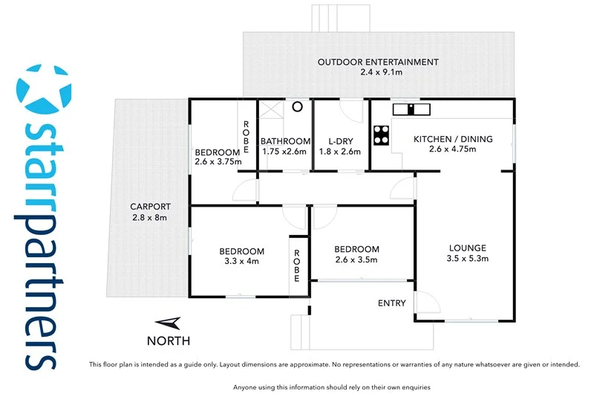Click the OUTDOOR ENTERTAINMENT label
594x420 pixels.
tap(378, 62)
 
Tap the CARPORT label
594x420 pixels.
tap(151, 207)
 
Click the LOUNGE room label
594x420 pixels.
tap(467, 248)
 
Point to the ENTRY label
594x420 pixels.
tap(392, 303)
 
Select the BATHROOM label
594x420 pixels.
tap(285, 141)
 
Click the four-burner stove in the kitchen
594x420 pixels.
tap(382, 135)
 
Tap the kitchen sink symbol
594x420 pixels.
tap(411, 109)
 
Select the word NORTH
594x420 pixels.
tap(169, 341)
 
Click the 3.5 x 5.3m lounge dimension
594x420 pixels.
tap(467, 259)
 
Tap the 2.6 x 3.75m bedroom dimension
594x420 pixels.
tap(218, 161)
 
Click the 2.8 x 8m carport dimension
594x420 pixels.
tap(151, 218)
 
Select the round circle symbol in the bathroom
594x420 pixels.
tap(297, 106)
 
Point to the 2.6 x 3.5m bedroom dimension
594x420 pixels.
tap(356, 260)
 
